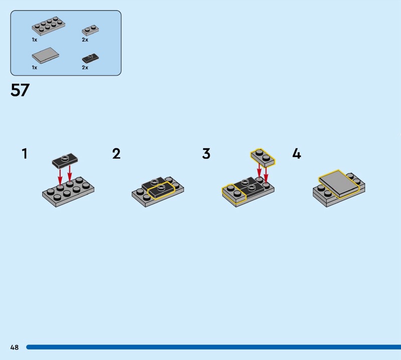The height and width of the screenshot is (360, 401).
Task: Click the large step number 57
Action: tap(20, 90)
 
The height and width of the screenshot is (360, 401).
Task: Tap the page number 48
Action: tap(15, 347)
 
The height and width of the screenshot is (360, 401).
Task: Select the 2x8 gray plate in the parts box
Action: tap(48, 26)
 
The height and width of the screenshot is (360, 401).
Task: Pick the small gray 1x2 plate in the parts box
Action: tap(90, 30)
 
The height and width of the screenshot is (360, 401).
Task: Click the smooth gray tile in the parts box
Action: tap(45, 55)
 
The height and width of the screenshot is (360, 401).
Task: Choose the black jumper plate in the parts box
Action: tap(90, 58)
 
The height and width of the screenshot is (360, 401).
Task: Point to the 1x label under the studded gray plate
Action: tap(35, 40)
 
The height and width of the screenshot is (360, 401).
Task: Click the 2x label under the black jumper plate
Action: tap(85, 68)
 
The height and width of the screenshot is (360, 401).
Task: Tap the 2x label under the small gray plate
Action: tap(85, 40)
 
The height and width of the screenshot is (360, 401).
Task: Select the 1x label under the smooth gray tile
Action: tap(35, 68)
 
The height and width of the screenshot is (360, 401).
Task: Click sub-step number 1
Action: tap(25, 153)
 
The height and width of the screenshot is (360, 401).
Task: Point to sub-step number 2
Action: tap(116, 153)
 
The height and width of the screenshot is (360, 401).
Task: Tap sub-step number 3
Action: tap(206, 153)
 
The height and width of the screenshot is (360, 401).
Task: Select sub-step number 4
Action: tap(297, 153)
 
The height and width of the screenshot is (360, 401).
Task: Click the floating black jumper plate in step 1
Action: tap(65, 160)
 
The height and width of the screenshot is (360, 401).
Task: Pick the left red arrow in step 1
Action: tap(60, 176)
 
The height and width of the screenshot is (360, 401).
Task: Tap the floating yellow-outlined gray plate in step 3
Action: tap(263, 157)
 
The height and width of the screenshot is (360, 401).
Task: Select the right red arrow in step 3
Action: tap(266, 175)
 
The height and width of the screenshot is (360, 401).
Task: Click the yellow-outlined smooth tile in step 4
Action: tap(339, 183)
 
